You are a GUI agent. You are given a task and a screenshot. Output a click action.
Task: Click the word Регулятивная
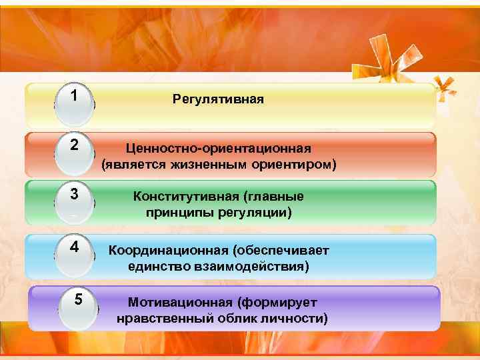pyautogui.click(x=218, y=99)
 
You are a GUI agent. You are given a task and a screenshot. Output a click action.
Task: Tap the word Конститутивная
pyautogui.click(x=185, y=197)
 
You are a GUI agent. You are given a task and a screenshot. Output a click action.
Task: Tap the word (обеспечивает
pyautogui.click(x=281, y=250)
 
